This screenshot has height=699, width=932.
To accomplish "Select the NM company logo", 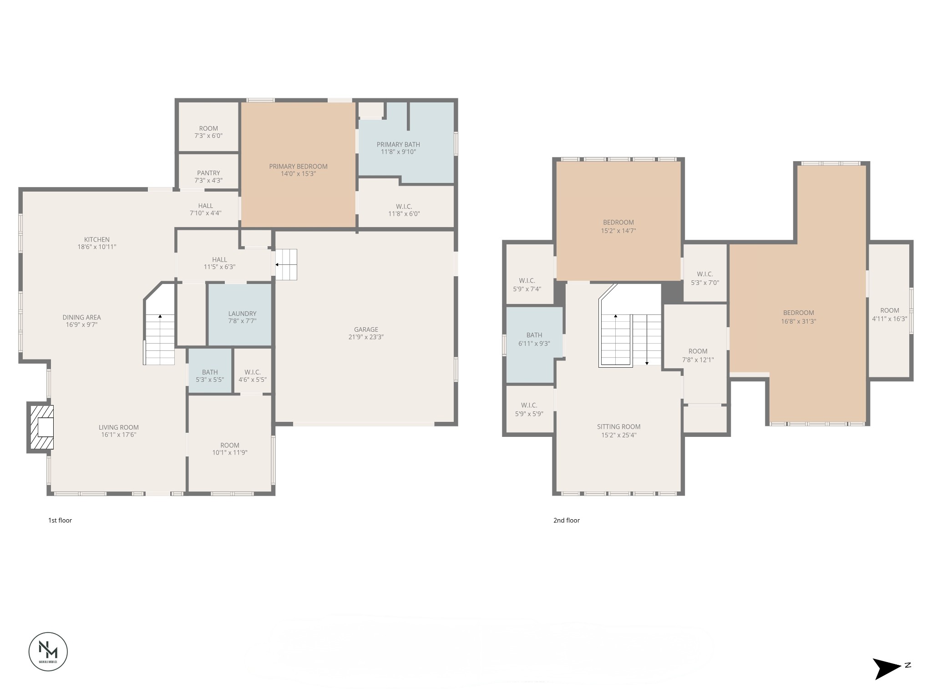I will pos(48,651).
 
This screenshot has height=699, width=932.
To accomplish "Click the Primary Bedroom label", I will pos(298,167).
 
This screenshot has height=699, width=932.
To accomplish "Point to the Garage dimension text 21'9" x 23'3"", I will pos(366,337).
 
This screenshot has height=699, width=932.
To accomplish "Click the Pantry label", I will pos(208,173).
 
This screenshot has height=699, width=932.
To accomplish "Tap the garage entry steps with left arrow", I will pos(286,264).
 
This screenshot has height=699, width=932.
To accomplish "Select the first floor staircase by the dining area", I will pos(160,339).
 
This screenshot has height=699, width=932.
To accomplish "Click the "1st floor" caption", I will pos(60,520).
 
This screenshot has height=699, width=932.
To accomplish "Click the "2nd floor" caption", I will pos(566,520).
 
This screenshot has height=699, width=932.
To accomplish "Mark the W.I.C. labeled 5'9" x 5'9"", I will pos(529,409).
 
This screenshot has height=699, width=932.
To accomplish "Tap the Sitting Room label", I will pos(618,427).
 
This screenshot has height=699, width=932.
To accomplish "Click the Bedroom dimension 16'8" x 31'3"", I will pos(799,321).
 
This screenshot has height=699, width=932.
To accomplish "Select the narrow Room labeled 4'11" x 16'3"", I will pos(889,314).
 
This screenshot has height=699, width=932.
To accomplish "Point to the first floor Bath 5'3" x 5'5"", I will pos(210,376).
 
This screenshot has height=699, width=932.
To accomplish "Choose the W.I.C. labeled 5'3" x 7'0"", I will pos(704,278).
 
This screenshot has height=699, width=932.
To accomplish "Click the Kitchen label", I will pos(97,239).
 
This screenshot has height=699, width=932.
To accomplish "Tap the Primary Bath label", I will pos(398,145).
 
